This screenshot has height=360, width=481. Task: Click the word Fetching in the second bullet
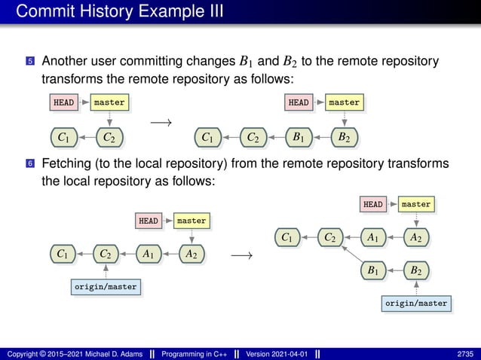point(67,165)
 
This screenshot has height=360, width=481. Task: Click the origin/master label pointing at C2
point(105,286)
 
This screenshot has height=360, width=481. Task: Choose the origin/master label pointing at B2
point(416,304)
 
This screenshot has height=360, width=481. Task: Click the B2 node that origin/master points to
point(416,270)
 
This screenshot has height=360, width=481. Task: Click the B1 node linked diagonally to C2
point(371,270)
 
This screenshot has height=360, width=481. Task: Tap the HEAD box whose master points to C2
point(63,101)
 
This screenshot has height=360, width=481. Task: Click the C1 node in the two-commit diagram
point(63,138)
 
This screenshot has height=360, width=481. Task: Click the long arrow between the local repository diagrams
point(240,256)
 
